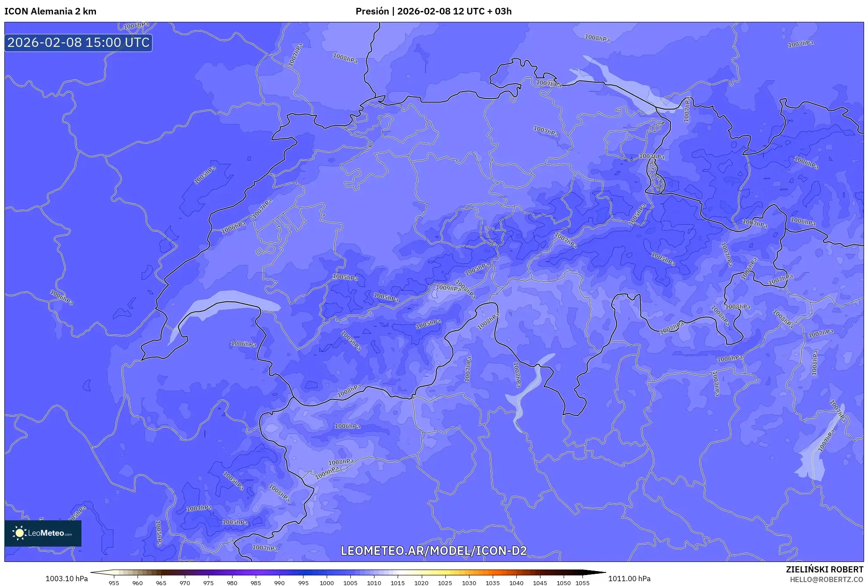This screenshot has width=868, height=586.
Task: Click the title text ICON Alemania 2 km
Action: point(50,11)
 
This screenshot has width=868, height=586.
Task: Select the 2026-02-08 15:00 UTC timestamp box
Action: point(78,43)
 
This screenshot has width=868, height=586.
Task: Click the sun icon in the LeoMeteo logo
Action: point(19,533)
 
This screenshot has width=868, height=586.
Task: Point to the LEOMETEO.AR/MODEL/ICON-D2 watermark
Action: point(434,551)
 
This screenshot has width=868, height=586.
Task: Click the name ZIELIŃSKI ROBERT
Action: point(824,569)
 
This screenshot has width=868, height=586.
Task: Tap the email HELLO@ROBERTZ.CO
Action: point(826,579)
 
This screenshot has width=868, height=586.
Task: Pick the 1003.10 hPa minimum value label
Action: point(67,579)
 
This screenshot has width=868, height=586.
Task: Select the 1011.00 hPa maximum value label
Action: point(629,579)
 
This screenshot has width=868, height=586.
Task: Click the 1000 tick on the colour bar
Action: point(327,582)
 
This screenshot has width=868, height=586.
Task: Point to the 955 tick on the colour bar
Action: point(114,582)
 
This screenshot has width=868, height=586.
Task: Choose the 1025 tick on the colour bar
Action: point(445,582)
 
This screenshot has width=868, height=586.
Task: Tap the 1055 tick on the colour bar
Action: point(582,582)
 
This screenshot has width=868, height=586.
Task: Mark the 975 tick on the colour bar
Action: point(208,582)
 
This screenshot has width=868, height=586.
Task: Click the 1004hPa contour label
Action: point(199,508)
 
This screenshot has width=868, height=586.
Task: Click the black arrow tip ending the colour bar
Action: point(602,572)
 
